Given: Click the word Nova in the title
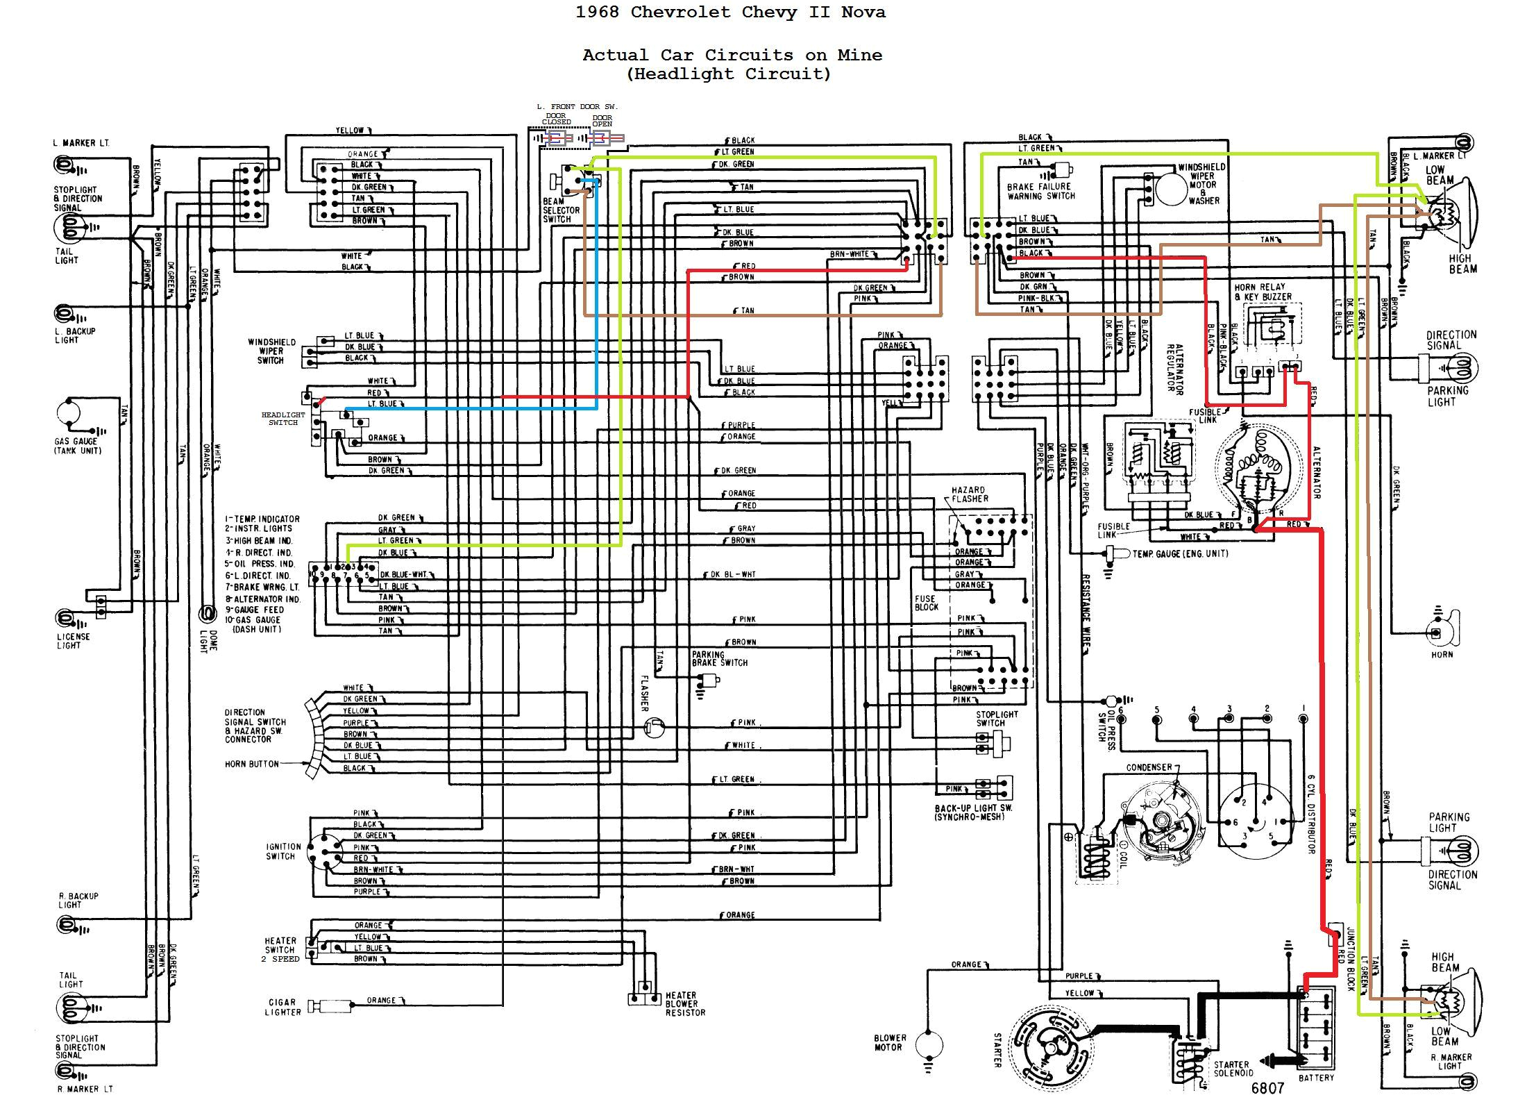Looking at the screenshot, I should point(863,12).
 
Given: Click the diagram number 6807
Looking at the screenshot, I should point(1267,1088).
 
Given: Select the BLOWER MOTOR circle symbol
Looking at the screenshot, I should point(929,1044).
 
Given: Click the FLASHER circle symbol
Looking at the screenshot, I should point(653,727).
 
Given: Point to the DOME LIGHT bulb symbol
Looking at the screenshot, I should point(206,612).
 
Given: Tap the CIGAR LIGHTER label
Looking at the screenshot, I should point(282,1007).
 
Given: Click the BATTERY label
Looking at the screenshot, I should point(1316,1078).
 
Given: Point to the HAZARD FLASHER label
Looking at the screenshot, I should point(970,494).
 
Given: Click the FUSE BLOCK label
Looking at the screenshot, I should point(926,602).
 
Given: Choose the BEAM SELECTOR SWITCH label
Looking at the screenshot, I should point(561,210).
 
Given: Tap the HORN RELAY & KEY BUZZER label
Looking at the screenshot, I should point(1263,292).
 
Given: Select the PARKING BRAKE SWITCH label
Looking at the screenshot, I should point(719,658).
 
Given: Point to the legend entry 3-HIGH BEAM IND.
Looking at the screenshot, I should point(258,540).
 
